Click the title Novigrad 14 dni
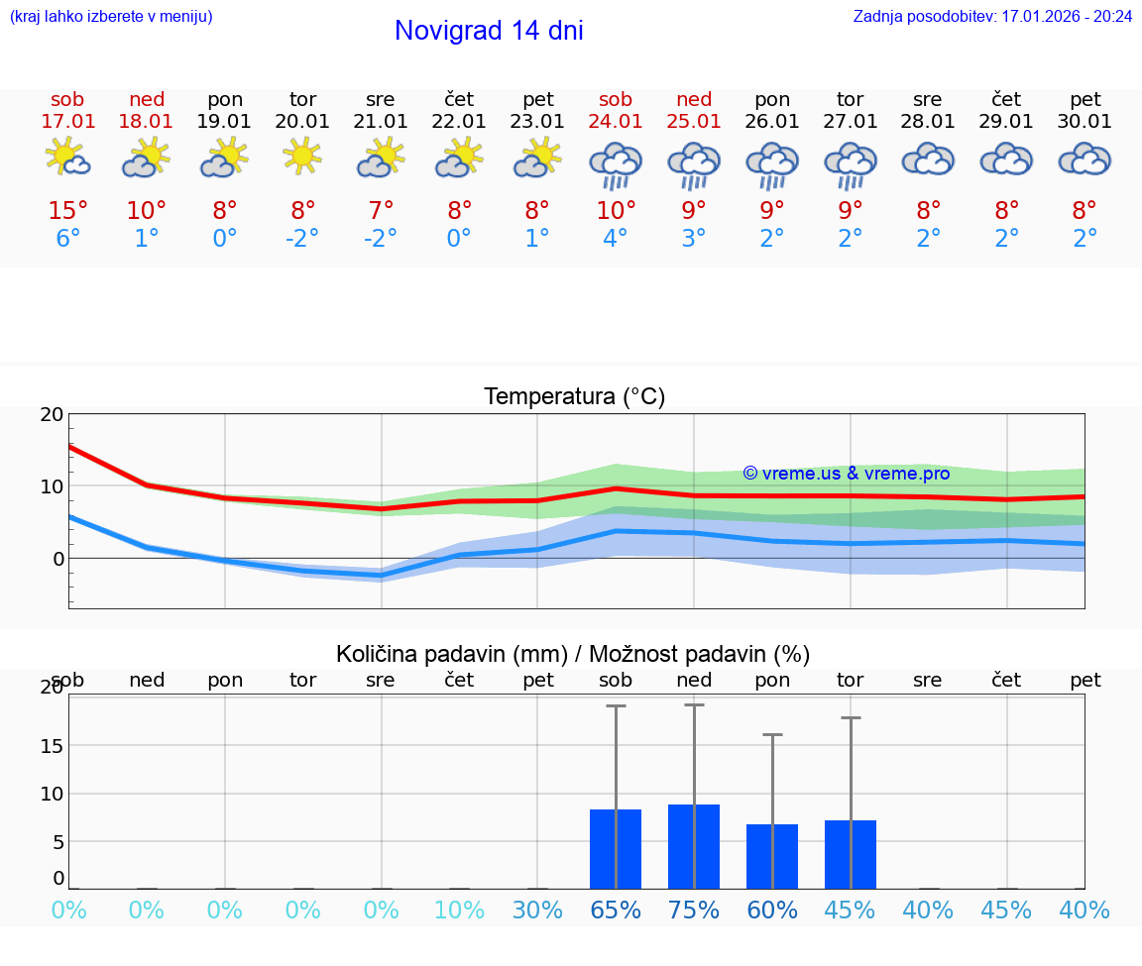coord(489,31)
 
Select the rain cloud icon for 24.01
coord(616,163)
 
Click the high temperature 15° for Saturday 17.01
coord(67,211)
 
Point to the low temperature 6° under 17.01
coord(67,239)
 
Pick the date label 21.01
coord(381,122)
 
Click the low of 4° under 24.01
coord(616,239)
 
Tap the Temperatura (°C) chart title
coord(574,397)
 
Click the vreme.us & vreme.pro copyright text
coord(847,474)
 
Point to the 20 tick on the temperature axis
coord(52,414)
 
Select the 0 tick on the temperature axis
coord(58,559)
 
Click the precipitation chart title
coord(573,654)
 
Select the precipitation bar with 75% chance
coord(694,846)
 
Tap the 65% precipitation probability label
coord(616,911)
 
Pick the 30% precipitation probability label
coord(537,911)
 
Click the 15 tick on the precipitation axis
coord(52,745)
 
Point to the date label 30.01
coord(1085,122)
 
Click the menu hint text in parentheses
coord(111,16)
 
